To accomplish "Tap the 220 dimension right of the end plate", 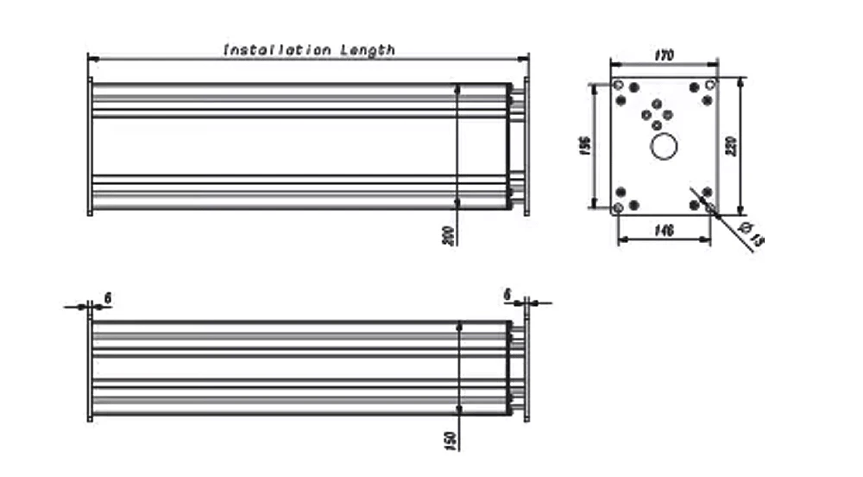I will [x=733, y=145].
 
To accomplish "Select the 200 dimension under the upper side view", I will [x=448, y=236].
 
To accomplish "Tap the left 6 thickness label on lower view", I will [x=107, y=297].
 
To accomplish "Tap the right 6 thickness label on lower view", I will [x=507, y=295].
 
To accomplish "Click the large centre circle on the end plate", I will [x=665, y=147].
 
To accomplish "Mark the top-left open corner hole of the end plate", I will [x=618, y=85].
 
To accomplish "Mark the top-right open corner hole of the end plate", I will [x=709, y=85].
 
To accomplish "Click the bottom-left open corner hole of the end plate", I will [x=618, y=208].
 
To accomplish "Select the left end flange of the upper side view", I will [x=90, y=145].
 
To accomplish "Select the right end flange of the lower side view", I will [x=526, y=371].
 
